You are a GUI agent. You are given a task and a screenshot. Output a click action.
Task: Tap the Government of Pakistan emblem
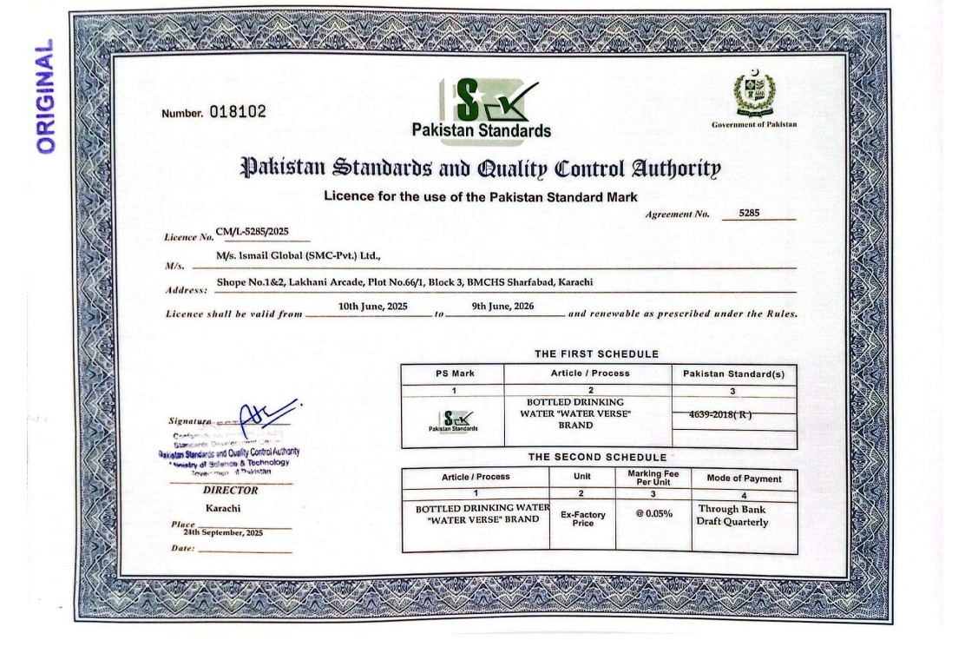tap(753, 94)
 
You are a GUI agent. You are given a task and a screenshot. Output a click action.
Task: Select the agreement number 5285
tap(748, 212)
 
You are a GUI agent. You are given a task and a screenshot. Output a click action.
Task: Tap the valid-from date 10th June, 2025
tap(372, 307)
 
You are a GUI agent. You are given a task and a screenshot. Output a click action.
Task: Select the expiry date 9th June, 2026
tap(502, 307)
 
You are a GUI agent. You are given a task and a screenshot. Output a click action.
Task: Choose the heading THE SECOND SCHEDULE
tap(597, 457)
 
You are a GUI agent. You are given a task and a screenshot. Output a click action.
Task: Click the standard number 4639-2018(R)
tap(720, 414)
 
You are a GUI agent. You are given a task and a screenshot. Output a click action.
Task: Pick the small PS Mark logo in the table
tap(452, 420)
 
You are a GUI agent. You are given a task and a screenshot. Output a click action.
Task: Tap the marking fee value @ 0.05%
tap(653, 513)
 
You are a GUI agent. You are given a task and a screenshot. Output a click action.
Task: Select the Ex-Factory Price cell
tap(583, 519)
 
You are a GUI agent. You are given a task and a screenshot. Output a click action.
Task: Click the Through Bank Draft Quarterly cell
tap(732, 515)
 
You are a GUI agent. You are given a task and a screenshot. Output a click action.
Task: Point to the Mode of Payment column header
tap(744, 479)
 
